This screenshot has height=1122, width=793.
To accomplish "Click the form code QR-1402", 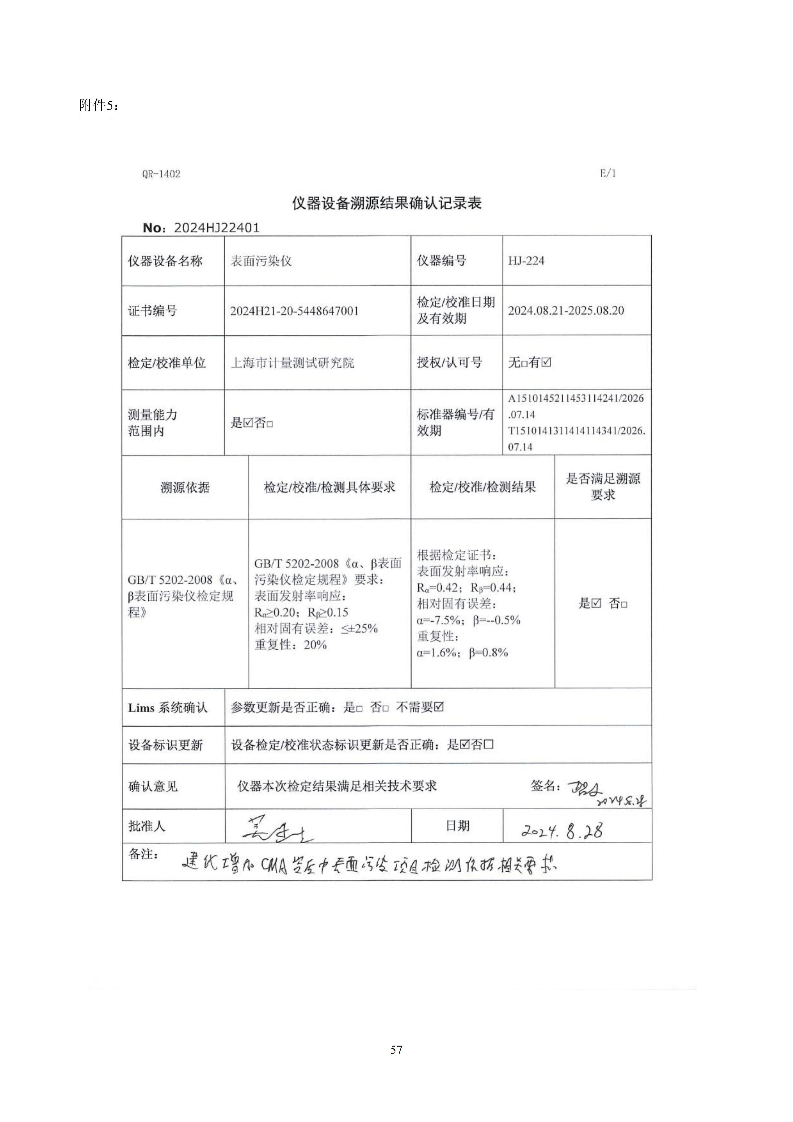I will pos(161,174).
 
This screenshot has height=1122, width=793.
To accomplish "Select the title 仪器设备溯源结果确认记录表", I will pos(387,203).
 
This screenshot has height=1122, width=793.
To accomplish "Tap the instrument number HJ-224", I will pos(526,261).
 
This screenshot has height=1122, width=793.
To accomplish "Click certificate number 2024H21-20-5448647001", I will pos(294,311).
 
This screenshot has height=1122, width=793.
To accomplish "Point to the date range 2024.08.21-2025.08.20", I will pos(565,311).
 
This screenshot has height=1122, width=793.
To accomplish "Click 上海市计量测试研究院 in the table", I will pos(292,363).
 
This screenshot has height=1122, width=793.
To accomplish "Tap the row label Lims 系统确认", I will pos(168,708).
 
